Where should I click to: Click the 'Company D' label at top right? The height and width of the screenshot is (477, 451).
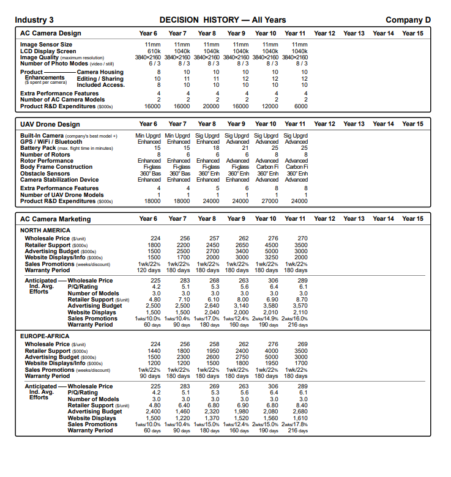point(408,20)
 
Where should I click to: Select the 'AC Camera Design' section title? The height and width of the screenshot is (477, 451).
point(50,33)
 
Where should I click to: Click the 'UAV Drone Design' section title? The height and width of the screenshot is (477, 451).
point(50,124)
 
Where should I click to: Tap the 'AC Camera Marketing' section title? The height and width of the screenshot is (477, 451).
point(55,219)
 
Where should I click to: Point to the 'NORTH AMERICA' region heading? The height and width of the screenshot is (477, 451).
point(46,231)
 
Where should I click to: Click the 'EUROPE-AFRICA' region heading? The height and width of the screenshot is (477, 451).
point(47,337)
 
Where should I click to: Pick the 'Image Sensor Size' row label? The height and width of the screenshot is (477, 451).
point(47,45)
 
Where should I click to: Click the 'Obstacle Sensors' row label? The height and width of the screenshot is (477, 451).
point(45,173)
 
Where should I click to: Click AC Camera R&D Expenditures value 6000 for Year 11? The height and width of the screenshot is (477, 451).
point(300,105)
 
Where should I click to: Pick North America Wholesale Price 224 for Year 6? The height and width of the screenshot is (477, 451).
point(155,238)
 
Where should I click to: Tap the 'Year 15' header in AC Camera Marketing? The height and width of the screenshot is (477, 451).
point(412,219)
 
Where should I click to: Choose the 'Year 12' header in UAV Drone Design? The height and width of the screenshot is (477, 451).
point(324,124)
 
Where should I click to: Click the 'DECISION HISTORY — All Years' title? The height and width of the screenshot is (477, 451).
point(222,20)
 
